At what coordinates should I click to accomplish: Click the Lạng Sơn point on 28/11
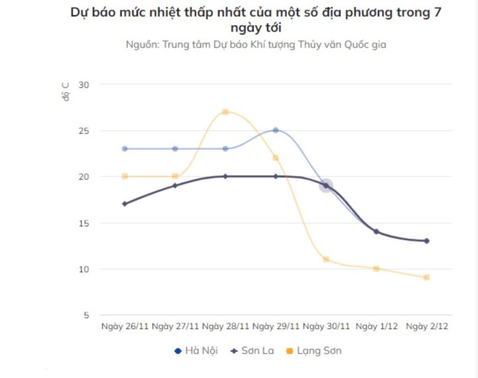(x=225, y=112)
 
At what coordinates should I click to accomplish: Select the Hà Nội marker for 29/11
(x=276, y=130)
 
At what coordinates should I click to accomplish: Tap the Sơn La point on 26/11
(x=125, y=204)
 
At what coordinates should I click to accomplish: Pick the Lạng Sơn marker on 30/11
(x=326, y=259)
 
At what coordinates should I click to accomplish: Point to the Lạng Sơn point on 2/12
(x=426, y=277)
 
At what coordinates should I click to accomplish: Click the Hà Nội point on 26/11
(x=125, y=149)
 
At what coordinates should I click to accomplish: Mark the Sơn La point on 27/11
(x=175, y=185)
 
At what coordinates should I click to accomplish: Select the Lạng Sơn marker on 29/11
(x=276, y=158)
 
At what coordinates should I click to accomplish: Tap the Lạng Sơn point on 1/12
(x=376, y=268)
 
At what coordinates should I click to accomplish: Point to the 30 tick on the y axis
(x=84, y=84)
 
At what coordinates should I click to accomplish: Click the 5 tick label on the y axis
(x=86, y=316)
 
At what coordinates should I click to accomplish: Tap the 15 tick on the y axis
(x=84, y=223)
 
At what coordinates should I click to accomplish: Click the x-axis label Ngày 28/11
(x=226, y=327)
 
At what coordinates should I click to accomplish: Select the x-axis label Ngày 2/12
(x=426, y=327)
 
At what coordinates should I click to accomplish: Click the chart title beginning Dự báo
(x=256, y=20)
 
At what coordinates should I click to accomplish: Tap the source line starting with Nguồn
(x=256, y=45)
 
